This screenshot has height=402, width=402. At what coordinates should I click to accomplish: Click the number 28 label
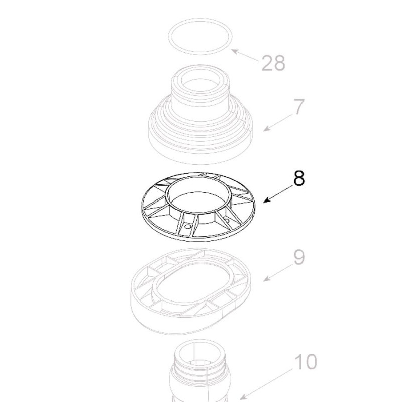click(273, 63)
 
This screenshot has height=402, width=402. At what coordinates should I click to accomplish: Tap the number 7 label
click(298, 107)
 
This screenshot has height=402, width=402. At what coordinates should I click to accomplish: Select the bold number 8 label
click(298, 178)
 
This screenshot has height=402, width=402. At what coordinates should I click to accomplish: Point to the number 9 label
click(298, 258)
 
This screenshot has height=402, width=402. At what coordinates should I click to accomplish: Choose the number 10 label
click(305, 362)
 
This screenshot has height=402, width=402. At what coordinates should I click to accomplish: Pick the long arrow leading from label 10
click(266, 384)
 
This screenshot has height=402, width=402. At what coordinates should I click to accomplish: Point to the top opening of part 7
click(200, 80)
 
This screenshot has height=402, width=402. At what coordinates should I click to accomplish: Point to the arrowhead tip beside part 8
click(264, 202)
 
